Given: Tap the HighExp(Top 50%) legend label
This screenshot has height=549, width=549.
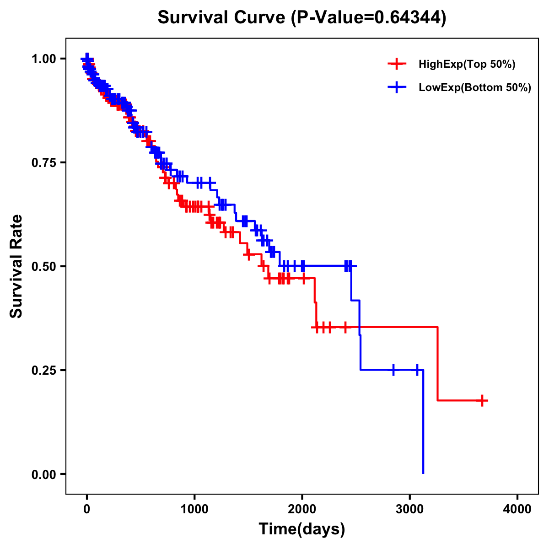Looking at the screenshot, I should point(467,65).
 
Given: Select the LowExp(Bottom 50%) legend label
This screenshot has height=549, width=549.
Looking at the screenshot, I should point(475,88).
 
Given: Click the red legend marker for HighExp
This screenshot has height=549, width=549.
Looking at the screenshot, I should point(397,65).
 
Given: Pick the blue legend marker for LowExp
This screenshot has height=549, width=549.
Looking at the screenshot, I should point(397,88).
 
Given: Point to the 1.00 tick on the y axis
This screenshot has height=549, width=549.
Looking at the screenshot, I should point(43,59).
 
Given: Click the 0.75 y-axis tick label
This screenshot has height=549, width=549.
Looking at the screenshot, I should point(43,163).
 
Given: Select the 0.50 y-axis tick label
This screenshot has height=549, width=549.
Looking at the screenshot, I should point(43,266).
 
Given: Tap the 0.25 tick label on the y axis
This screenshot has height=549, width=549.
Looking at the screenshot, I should point(43,370).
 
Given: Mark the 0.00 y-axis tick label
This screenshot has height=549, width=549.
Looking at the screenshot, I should point(43,474).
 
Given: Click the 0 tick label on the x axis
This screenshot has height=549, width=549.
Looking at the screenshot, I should point(87,509).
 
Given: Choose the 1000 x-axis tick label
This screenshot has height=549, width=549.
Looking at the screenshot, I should point(194,509).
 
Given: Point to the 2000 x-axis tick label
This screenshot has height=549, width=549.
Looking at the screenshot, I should point(302,509).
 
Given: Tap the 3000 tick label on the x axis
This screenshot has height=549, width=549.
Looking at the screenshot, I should point(410,509).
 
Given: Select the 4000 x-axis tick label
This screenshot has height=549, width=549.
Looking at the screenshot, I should point(517,509).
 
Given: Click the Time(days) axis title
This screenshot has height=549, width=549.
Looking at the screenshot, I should point(302,529).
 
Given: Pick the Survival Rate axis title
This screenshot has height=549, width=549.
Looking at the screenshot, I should point(16,266).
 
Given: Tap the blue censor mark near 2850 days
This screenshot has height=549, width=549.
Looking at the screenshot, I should point(393,370).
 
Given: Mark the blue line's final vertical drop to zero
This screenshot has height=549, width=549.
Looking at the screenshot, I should point(423,421).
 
